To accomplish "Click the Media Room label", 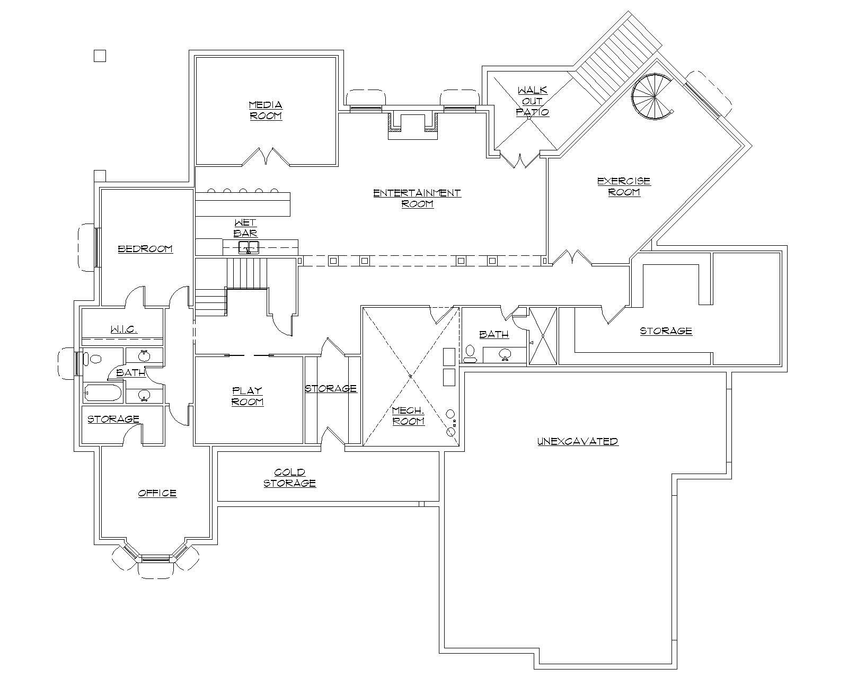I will point(266,110).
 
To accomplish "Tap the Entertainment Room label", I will point(417,198).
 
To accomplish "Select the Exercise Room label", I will point(624,186).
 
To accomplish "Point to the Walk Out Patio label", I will point(533,101).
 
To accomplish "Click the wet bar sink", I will point(248,247).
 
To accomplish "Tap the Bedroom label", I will point(145,248).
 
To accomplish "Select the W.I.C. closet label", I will point(124,329).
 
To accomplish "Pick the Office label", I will point(157,493).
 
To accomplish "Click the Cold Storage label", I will point(290,477).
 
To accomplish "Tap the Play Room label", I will point(248,396).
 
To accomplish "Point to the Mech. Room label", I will point(408,416).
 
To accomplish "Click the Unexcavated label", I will point(578,441).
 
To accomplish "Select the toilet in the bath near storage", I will point(470,353).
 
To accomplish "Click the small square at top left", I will point(100,56).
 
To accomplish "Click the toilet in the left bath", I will point(95,359).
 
